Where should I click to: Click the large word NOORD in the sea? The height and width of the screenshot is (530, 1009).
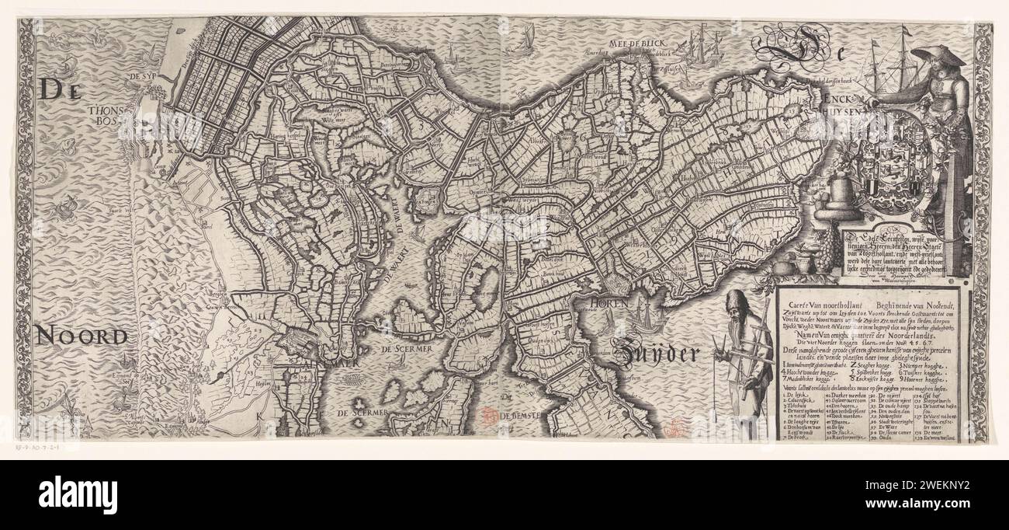[80, 336]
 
